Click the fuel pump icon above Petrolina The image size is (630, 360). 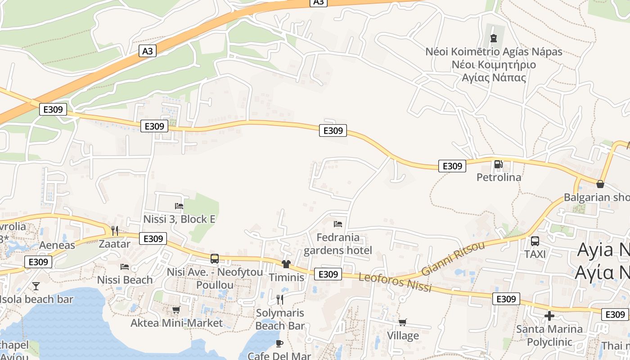pos(498,164)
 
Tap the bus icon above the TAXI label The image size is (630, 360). pos(535,241)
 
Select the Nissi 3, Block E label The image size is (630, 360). pos(179,219)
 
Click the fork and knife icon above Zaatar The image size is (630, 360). pos(115,231)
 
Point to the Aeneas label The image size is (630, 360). pos(57,245)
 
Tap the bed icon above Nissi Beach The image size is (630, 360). pos(125,267)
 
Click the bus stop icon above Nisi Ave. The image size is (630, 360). pos(215,259)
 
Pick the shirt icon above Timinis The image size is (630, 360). pos(286,264)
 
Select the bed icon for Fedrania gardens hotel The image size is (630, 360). pos(338,224)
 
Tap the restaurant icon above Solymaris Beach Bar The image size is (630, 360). pos(280,299)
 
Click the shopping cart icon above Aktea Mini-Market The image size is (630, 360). pos(176,310)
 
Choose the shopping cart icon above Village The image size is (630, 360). pos(403,322)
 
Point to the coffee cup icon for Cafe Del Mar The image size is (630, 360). pos(279,344)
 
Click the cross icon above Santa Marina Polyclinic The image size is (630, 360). pos(549,316)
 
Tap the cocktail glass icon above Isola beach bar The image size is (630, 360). pos(36,286)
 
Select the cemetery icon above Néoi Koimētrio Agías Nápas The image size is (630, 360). pos(494,38)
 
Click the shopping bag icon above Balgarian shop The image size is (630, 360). pos(600,184)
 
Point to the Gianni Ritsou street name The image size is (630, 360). pos(453,258)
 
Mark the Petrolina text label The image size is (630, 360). pos(499,177)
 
